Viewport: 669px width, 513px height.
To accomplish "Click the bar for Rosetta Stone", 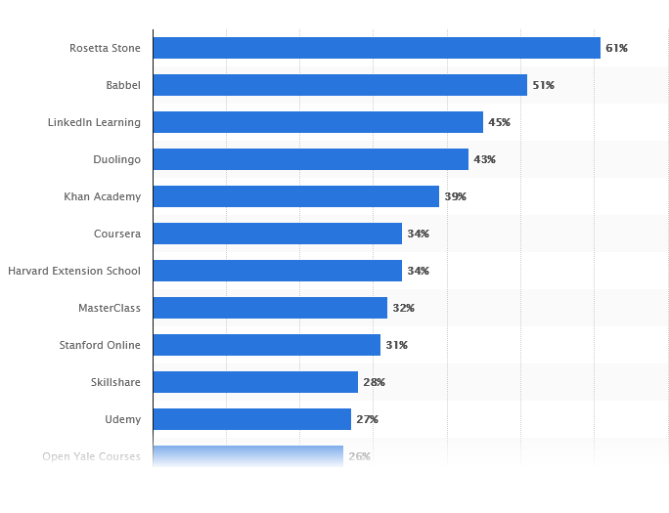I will [x=377, y=48].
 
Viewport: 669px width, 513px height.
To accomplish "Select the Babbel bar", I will [x=339, y=85].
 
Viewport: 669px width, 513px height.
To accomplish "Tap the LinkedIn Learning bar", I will [x=318, y=122].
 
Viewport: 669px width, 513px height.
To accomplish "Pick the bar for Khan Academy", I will [x=295, y=196].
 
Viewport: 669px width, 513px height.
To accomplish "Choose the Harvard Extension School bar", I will [x=277, y=271].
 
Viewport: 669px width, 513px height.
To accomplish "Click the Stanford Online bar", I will [x=266, y=345].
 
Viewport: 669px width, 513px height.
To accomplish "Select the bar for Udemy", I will [x=251, y=419].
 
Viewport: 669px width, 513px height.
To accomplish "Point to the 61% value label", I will [x=616, y=48].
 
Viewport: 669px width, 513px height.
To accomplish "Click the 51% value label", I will [x=543, y=85].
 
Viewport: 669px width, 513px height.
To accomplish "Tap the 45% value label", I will [x=499, y=122].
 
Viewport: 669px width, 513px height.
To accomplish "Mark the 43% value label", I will [x=484, y=159].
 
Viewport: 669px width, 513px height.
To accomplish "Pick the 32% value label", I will [x=403, y=308].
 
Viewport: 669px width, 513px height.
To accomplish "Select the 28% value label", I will [x=374, y=382].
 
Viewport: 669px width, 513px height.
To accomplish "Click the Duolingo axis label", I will [x=116, y=159].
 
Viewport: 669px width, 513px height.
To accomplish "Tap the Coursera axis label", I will [x=117, y=234].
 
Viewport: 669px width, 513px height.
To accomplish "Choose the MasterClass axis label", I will [x=110, y=308].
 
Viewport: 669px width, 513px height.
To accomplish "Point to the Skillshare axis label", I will [x=115, y=382].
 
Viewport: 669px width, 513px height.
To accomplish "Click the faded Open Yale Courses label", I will [x=91, y=456].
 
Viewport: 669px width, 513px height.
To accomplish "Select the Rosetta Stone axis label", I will [x=105, y=48].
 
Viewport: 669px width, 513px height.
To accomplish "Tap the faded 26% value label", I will [x=359, y=456].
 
